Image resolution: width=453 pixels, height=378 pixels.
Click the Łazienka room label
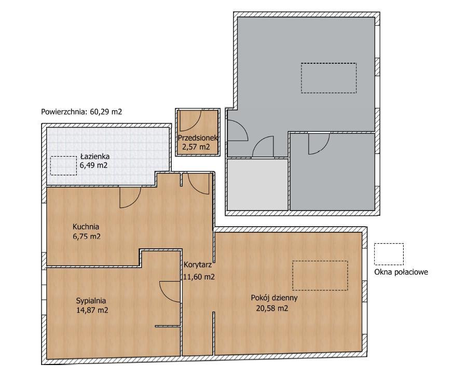95,157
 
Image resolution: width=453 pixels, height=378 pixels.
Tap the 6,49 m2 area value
93,165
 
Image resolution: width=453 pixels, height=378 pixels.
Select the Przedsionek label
198,138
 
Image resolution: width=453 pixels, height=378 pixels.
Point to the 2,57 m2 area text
196,147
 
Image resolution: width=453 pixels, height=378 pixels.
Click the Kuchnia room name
86,227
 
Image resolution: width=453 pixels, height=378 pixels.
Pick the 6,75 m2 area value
87,236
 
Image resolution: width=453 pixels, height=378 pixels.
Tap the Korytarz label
198,265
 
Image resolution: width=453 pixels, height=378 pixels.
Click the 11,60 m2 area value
199,277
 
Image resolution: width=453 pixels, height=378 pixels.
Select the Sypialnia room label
91,301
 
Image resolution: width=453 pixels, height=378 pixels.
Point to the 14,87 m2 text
92,310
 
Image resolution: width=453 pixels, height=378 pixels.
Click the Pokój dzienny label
274,298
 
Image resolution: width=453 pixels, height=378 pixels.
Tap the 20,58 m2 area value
272,308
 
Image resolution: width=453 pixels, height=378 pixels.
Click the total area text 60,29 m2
106,112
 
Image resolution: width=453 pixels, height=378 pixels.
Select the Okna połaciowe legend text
401,272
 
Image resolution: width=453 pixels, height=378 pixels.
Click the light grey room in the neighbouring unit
257,184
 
